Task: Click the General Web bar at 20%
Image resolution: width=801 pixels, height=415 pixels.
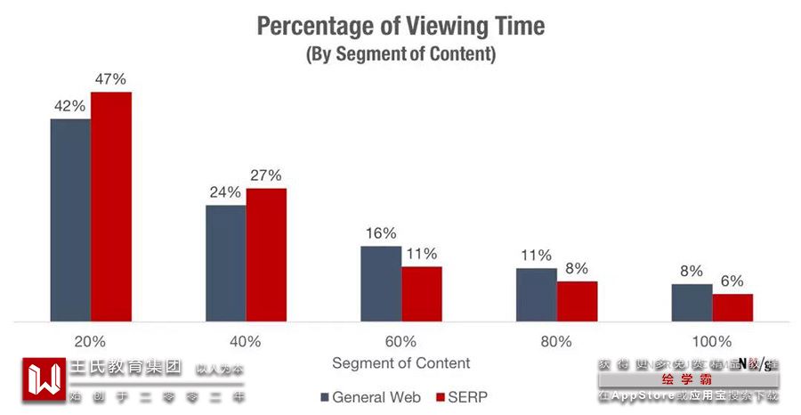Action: pyautogui.click(x=70, y=220)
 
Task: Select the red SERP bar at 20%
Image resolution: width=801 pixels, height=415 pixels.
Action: pyautogui.click(x=111, y=207)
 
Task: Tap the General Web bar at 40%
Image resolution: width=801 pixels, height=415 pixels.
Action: pyautogui.click(x=226, y=264)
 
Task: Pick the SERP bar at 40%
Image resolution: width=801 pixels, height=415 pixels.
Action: pyautogui.click(x=266, y=255)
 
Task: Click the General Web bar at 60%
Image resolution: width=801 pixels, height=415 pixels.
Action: pyautogui.click(x=381, y=283)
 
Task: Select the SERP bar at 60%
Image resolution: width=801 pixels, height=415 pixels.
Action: pyautogui.click(x=422, y=294)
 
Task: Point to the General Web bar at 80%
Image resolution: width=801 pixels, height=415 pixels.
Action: pyautogui.click(x=537, y=294)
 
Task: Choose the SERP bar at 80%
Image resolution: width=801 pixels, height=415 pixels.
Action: pyautogui.click(x=577, y=301)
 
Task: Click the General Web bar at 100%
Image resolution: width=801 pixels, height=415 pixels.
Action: pyautogui.click(x=692, y=303)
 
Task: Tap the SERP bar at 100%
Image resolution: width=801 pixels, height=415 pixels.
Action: pyautogui.click(x=732, y=307)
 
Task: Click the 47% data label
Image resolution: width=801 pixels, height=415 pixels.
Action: pyautogui.click(x=111, y=79)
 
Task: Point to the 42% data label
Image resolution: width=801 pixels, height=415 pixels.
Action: pyautogui.click(x=69, y=106)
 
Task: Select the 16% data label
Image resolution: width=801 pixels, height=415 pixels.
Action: pyautogui.click(x=380, y=233)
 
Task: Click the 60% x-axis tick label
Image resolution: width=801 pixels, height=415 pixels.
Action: pyautogui.click(x=400, y=341)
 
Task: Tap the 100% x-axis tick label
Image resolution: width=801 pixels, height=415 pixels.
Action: pyautogui.click(x=711, y=341)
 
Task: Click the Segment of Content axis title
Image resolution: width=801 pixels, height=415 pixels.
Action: pyautogui.click(x=400, y=363)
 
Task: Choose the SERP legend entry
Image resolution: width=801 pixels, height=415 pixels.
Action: pyautogui.click(x=461, y=396)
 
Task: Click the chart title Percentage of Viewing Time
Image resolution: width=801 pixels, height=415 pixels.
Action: pyautogui.click(x=400, y=26)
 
